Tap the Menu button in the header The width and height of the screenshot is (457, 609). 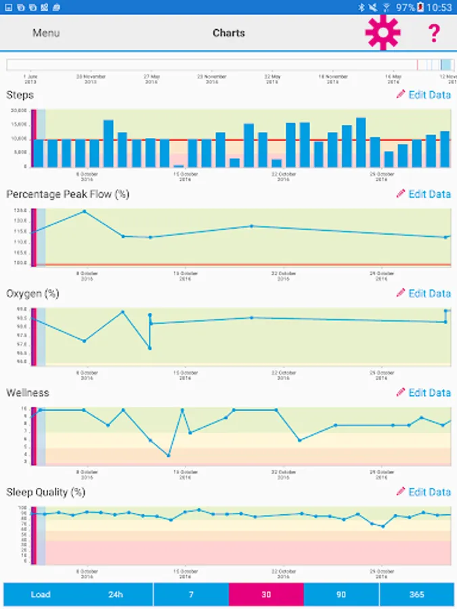point(46,33)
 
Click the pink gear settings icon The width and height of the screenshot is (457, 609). point(383,32)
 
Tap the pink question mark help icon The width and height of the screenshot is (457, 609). point(434,32)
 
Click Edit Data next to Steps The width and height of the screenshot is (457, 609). point(424,95)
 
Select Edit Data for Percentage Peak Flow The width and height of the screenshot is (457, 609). point(424,194)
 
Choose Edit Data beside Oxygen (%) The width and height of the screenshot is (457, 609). point(424,294)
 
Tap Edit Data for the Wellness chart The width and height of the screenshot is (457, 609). point(424,392)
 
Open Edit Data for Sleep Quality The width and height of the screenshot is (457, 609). point(424,492)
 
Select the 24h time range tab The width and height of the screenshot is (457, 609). point(116,595)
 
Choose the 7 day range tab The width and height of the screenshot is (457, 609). point(191,595)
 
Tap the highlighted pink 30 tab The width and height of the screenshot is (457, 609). point(266,595)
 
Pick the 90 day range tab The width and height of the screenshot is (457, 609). point(341,595)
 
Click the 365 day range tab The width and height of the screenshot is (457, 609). point(417,595)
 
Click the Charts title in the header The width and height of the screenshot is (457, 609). point(229,33)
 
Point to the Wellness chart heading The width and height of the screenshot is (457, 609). point(27,392)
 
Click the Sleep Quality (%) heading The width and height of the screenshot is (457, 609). point(46,492)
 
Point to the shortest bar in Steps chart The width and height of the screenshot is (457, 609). point(179,166)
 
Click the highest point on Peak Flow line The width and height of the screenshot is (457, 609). point(84,211)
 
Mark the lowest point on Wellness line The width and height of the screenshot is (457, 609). point(169,455)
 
